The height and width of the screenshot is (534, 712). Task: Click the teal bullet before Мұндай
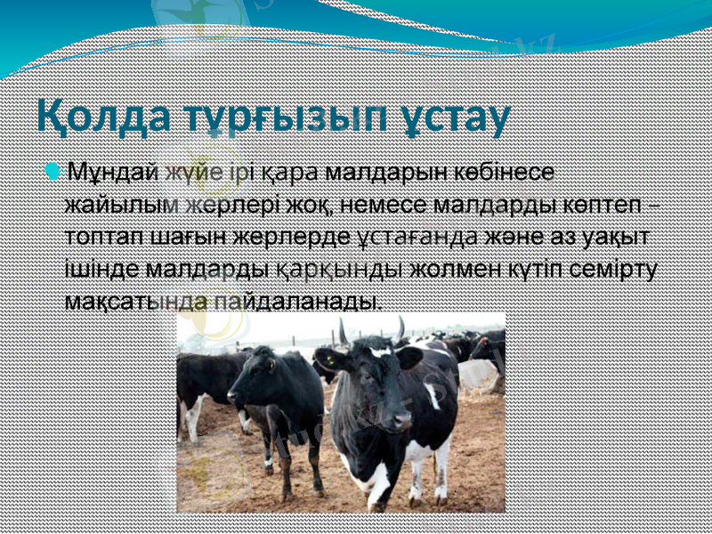point(54,169)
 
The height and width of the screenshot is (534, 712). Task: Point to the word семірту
point(615,268)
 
